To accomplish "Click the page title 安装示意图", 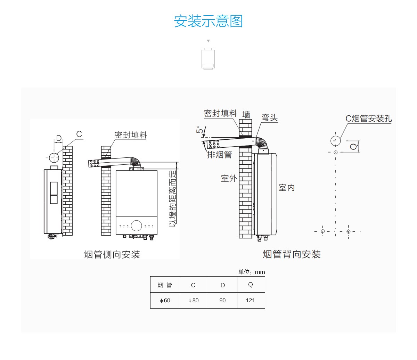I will (x=208, y=21).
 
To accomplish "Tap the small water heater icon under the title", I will (x=208, y=59).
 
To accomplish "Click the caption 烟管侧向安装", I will (x=112, y=255).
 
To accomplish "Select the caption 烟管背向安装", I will (x=292, y=254).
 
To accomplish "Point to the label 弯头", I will (x=270, y=118).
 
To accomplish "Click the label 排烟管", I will (x=219, y=155).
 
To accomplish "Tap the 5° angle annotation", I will (x=200, y=130).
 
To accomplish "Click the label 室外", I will (x=229, y=179).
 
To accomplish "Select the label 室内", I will (x=287, y=188).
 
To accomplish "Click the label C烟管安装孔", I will (x=369, y=118).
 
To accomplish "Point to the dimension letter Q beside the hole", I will (x=354, y=146).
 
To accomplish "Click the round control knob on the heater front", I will (x=137, y=225).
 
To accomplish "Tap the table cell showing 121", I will (x=251, y=301).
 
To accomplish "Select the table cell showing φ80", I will (x=193, y=301).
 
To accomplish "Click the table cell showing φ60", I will (x=165, y=301).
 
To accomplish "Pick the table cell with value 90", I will (x=222, y=301).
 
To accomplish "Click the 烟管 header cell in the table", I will (x=165, y=285).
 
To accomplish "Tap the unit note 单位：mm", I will (x=252, y=272).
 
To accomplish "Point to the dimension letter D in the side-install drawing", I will (x=59, y=138).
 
